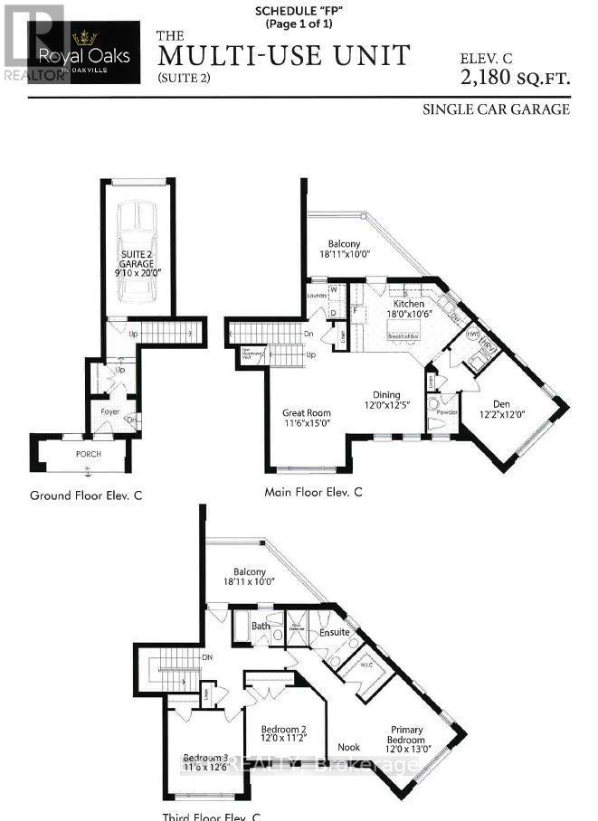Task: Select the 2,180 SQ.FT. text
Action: click(516, 78)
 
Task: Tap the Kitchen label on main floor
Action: click(409, 305)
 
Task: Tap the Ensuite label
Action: click(334, 632)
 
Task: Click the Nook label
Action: click(349, 747)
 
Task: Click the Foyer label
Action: click(109, 411)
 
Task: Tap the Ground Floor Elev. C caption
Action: click(86, 495)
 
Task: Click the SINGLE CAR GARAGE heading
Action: click(496, 109)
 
